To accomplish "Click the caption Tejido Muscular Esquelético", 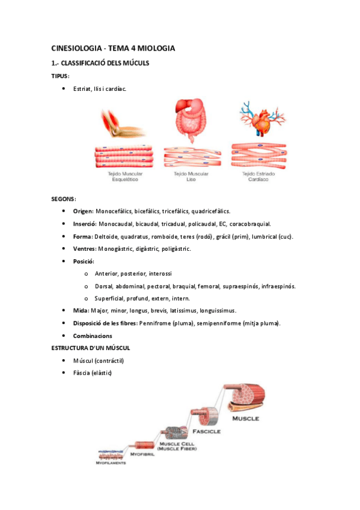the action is tap(123, 176).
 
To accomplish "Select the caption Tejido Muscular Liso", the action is tap(191, 176).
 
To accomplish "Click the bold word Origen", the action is tap(83, 211).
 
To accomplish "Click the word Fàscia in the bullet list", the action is tap(82, 373).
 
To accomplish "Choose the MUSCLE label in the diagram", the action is tap(246, 417).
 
